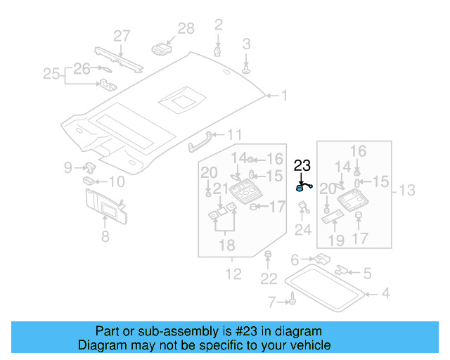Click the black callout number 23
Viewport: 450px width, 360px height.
tap(302, 166)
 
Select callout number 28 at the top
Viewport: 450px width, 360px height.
tap(186, 29)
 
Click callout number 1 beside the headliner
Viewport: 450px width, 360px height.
tap(285, 94)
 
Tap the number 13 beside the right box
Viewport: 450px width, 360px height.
tap(407, 190)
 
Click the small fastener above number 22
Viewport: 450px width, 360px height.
tap(268, 254)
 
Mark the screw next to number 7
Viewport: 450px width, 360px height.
tap(289, 302)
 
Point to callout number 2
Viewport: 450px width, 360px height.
tap(218, 26)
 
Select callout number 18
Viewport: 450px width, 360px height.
tap(225, 245)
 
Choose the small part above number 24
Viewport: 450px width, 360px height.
tap(303, 207)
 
